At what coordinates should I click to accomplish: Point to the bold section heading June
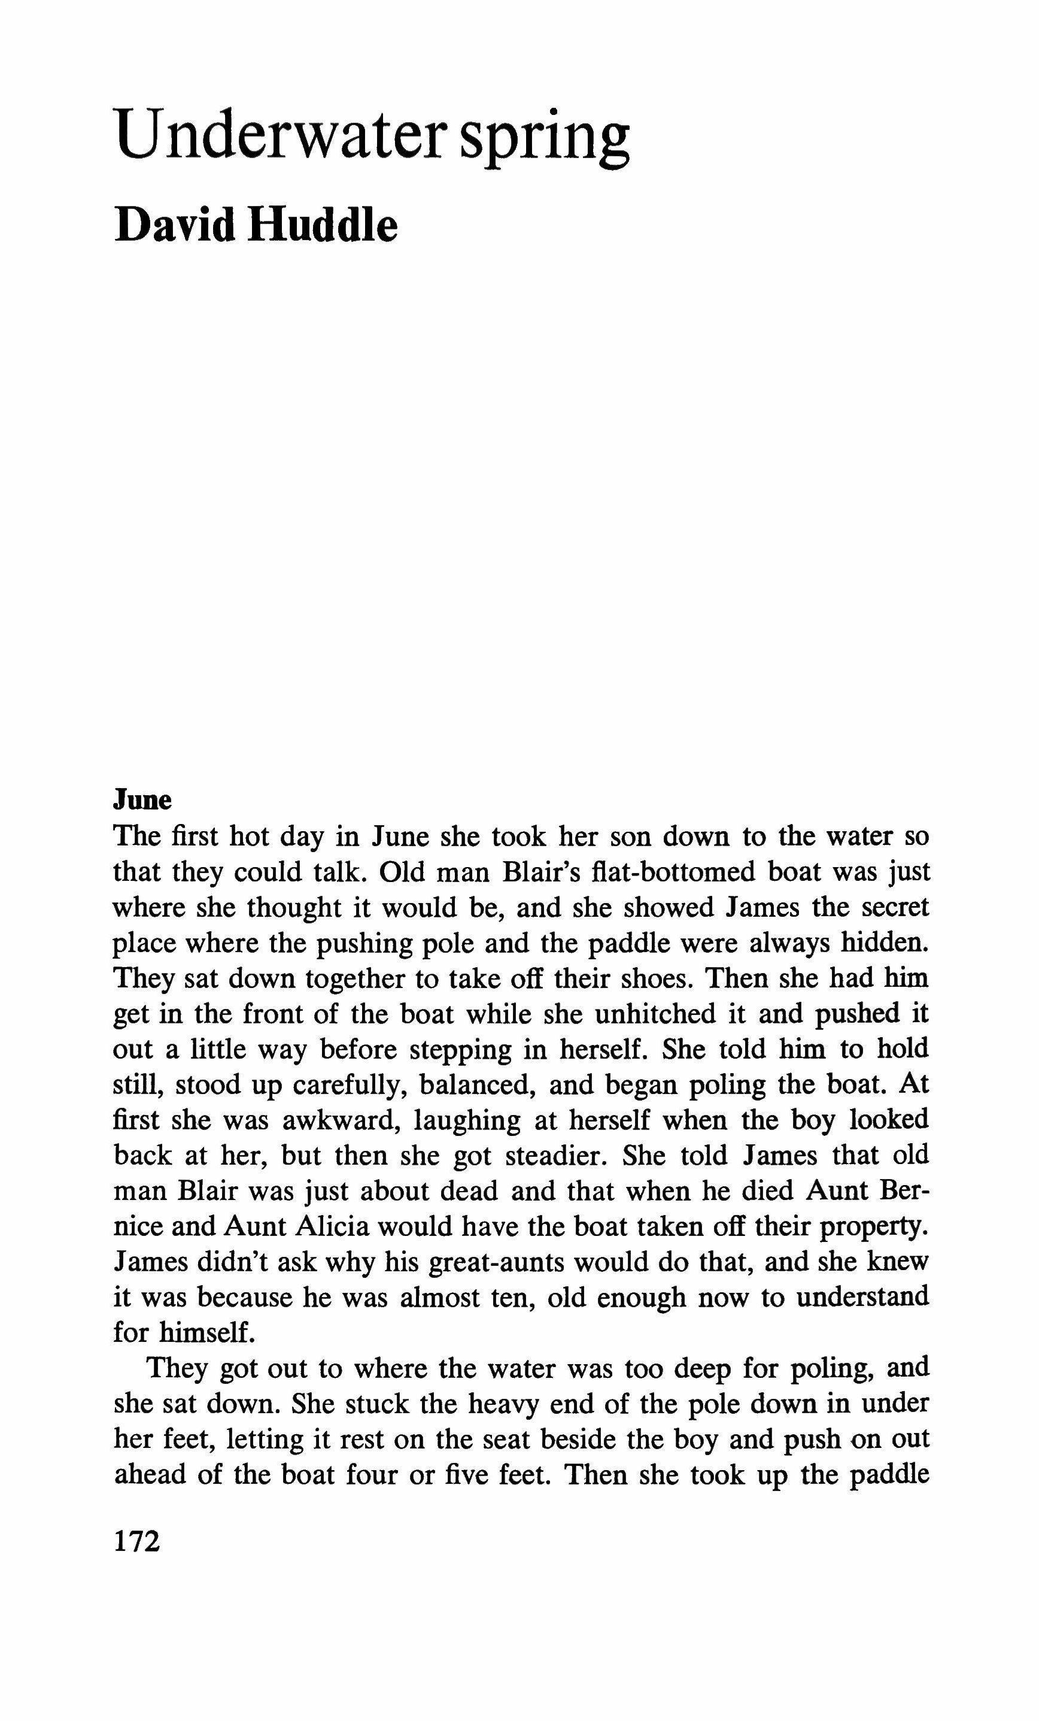142,800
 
